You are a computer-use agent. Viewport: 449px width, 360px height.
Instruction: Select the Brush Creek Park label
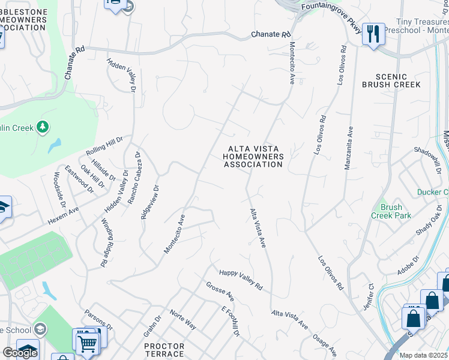pyautogui.click(x=391, y=211)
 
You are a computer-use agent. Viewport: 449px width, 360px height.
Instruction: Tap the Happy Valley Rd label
pyautogui.click(x=241, y=280)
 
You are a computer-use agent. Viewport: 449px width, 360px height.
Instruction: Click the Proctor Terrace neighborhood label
pyautogui.click(x=164, y=350)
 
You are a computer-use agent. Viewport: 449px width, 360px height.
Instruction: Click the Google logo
pyautogui.click(x=20, y=353)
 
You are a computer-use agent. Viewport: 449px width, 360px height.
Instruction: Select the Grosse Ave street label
pyautogui.click(x=220, y=292)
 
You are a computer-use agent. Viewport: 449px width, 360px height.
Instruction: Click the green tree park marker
pyautogui.click(x=42, y=127)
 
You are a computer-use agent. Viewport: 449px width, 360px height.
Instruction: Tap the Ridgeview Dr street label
pyautogui.click(x=150, y=202)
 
